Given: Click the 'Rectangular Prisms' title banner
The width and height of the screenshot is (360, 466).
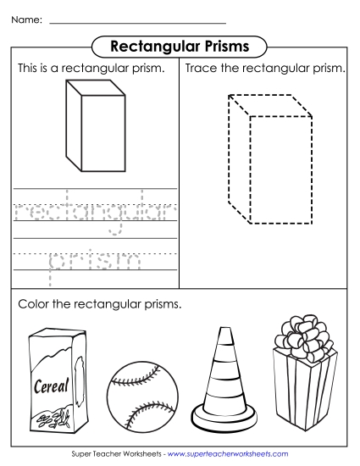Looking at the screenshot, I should tap(179, 44).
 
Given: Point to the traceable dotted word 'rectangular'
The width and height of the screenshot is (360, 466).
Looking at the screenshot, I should tap(94, 209).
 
